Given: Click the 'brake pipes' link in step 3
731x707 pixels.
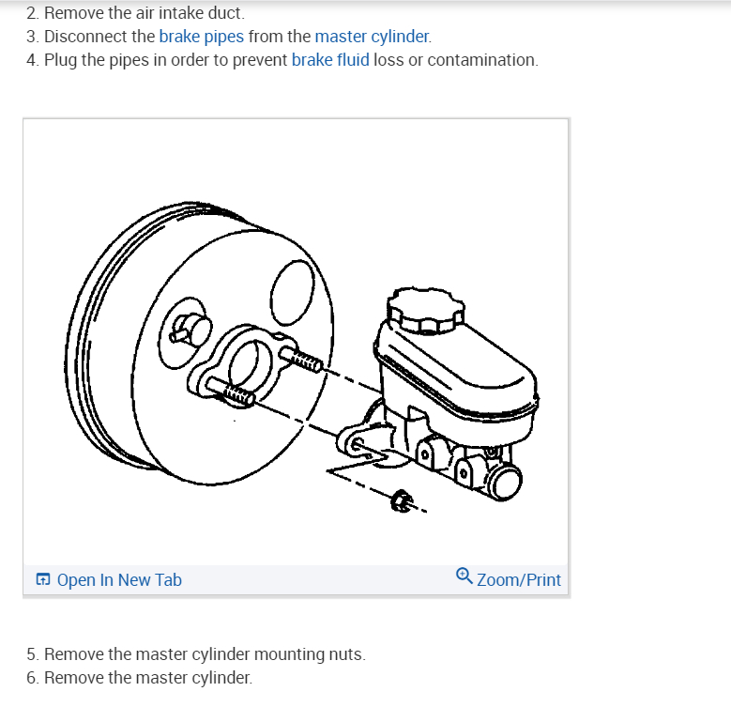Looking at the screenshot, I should click(201, 37).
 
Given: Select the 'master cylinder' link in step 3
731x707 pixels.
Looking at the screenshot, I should click(373, 37).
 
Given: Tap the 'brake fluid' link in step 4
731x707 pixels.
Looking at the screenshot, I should click(330, 60).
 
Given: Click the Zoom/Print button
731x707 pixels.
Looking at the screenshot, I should click(518, 579).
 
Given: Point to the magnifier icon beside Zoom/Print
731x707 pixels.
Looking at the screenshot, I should click(464, 576).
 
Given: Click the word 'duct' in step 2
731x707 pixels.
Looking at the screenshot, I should click(226, 13).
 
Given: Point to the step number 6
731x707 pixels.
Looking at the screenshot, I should click(32, 678).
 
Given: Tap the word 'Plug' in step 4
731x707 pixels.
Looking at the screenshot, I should click(60, 60).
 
